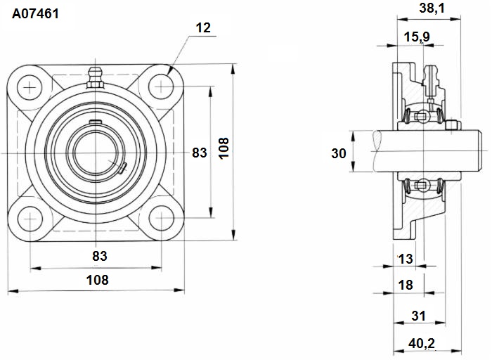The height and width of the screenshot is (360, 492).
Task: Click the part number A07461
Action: (35, 14)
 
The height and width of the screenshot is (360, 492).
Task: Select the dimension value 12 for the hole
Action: (203, 28)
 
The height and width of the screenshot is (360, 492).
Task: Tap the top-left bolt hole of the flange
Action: (30, 87)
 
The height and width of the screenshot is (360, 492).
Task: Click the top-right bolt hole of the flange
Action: (161, 86)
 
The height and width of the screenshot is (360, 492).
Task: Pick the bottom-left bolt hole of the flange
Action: (30, 219)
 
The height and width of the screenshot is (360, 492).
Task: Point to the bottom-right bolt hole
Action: (161, 218)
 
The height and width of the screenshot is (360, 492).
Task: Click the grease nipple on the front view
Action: (95, 78)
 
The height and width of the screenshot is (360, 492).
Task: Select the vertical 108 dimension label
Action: (224, 149)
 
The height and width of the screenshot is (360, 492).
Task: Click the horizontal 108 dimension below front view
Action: (97, 280)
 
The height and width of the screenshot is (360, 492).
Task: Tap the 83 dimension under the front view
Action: (100, 256)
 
